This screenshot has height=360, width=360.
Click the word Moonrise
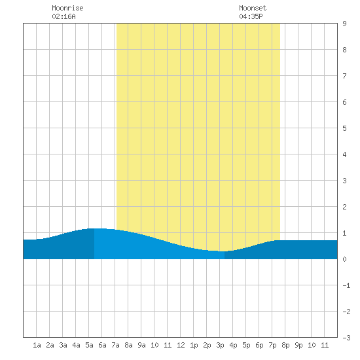(67, 8)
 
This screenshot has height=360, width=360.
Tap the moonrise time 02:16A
(63, 16)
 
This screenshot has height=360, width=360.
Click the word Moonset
(253, 8)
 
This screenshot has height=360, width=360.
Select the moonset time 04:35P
(251, 16)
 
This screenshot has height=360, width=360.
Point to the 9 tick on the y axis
(344, 24)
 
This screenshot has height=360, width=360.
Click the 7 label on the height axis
(344, 76)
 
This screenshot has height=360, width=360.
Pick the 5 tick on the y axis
(344, 128)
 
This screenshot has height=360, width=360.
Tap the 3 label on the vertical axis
(344, 181)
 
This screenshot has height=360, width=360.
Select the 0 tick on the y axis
(344, 259)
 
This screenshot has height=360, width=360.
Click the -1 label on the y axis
(346, 285)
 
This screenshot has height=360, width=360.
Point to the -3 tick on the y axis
(346, 338)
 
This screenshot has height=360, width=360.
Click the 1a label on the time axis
(37, 345)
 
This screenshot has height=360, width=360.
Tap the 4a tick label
(76, 345)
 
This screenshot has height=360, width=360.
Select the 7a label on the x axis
(115, 345)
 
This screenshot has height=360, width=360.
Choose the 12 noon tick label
(181, 345)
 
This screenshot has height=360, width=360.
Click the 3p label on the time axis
(220, 345)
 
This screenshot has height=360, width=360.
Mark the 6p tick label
(259, 345)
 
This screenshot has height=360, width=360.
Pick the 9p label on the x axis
(298, 345)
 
